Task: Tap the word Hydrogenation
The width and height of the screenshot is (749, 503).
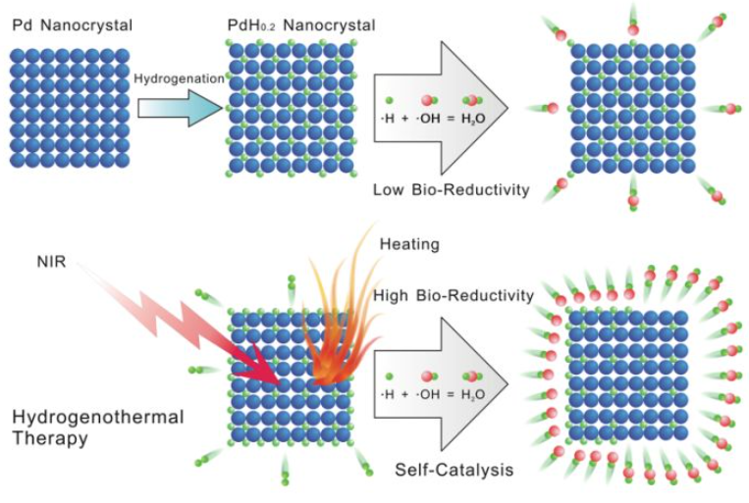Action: (x=177, y=77)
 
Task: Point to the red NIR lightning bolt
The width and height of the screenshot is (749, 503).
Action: (x=187, y=319)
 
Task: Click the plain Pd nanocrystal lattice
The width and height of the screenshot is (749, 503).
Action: (x=70, y=107)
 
